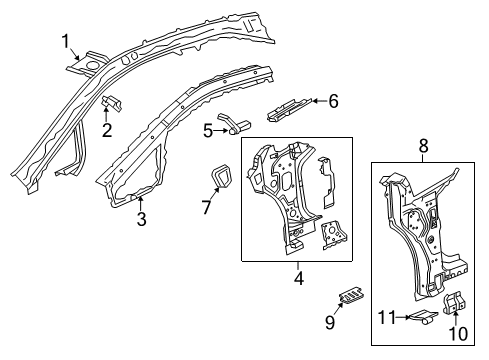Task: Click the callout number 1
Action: coord(65,40)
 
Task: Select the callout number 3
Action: coord(141,220)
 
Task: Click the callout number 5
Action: coord(206,129)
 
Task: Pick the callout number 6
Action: coord(333,100)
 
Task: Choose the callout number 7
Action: coord(205,207)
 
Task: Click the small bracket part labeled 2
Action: coord(113,103)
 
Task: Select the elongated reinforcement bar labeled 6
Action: coord(291,107)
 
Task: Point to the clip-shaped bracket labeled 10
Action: coord(455,303)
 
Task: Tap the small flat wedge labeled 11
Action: coord(424,318)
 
